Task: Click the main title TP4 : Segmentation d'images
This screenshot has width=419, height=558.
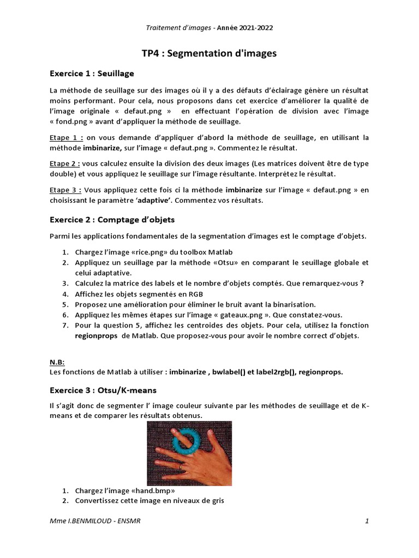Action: coord(209,53)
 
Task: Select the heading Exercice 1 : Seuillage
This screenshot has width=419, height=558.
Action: coord(92,73)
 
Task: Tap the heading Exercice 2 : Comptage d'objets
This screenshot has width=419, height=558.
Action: coord(112,220)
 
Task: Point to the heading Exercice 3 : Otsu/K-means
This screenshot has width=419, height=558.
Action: coord(103,390)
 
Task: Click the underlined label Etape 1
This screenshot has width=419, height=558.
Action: coord(65,138)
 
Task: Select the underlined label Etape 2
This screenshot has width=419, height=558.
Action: coord(65,163)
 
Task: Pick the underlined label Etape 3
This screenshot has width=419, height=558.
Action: coord(65,190)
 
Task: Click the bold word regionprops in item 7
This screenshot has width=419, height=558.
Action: coord(96,336)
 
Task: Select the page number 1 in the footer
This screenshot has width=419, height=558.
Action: coord(367,521)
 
